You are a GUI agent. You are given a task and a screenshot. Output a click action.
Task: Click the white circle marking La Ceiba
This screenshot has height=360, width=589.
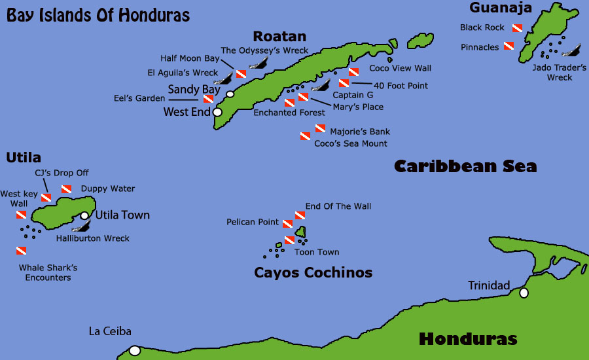135,351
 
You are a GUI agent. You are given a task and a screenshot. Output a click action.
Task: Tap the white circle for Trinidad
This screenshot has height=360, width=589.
524,293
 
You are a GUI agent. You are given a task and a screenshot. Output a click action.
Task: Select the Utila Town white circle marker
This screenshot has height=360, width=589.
84,215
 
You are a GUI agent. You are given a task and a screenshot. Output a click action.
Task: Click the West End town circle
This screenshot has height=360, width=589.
218,112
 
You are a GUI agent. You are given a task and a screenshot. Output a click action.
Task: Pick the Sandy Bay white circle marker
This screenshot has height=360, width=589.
230,94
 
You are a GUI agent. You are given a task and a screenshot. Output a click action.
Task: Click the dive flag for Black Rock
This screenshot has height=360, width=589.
516,28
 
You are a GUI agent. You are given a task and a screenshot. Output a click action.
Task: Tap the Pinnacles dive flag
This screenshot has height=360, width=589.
509,46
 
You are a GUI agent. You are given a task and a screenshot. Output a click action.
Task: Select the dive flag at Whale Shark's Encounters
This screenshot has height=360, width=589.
21,251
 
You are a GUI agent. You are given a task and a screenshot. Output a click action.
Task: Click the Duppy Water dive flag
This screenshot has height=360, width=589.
66,189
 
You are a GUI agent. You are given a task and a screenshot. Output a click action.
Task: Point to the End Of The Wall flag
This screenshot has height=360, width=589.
300,215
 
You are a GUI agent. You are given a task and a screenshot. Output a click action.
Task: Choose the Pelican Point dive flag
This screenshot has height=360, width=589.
287,223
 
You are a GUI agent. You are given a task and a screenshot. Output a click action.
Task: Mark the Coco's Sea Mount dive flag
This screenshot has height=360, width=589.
305,136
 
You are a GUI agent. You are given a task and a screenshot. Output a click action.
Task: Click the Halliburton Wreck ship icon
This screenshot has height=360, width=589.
80,226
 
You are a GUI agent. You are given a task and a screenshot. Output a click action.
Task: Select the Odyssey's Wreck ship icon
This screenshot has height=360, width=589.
260,63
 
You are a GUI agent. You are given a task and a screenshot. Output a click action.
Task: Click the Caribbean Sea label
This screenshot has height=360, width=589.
465,166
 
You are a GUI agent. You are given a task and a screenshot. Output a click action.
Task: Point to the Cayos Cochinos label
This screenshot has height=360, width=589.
313,272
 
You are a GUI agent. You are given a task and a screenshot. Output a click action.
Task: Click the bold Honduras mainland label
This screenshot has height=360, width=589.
468,339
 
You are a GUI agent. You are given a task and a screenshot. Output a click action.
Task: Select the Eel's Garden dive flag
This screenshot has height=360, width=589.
208,99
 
